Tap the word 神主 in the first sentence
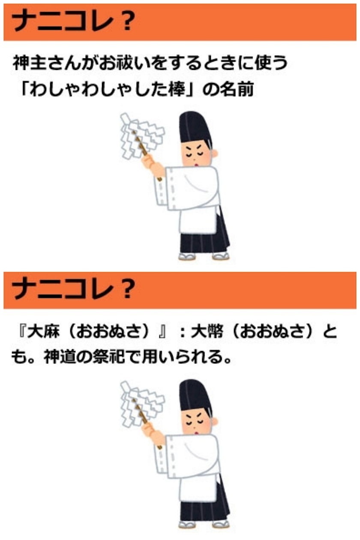click(29, 63)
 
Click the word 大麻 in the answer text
click(43, 331)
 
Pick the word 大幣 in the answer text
click(207, 331)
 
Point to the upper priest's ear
click(215, 153)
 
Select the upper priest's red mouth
click(197, 165)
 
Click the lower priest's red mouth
click(197, 433)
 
